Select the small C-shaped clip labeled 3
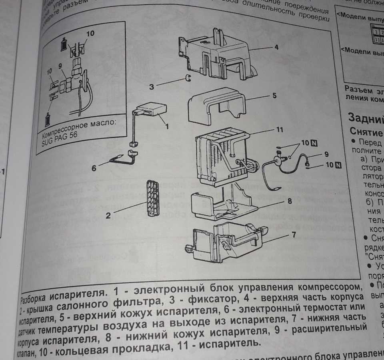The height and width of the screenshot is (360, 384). pos(187,78)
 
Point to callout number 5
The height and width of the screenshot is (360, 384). pos(274,96)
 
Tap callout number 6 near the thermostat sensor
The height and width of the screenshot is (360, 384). pos(94,169)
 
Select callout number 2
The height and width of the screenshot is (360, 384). pos(108,216)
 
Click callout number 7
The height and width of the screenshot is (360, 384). pos(294,235)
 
